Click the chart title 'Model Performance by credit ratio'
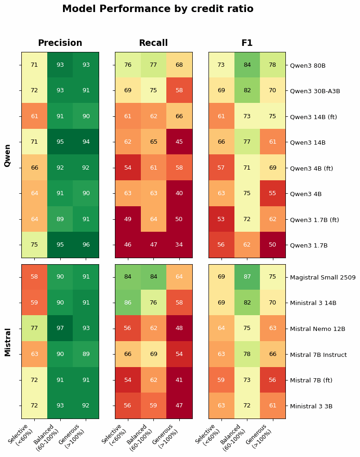pos(158,9)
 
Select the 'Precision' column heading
pos(60,43)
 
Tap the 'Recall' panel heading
pos(153,43)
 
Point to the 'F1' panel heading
pos(247,43)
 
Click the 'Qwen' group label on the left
pos(8,155)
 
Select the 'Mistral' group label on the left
pos(8,342)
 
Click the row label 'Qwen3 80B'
pos(308,65)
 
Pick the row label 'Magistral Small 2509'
pos(322,278)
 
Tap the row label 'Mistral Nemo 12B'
pos(317,329)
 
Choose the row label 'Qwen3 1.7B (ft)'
pos(314,220)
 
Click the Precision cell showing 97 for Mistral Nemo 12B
pos(60,328)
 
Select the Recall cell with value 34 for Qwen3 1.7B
pos(179,245)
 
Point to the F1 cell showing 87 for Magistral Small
pos(247,277)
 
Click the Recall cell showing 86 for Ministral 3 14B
pos(128,303)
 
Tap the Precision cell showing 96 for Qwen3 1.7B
pos(86,245)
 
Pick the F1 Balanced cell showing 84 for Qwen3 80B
pos(247,65)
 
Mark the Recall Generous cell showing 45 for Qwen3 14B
pos(179,142)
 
